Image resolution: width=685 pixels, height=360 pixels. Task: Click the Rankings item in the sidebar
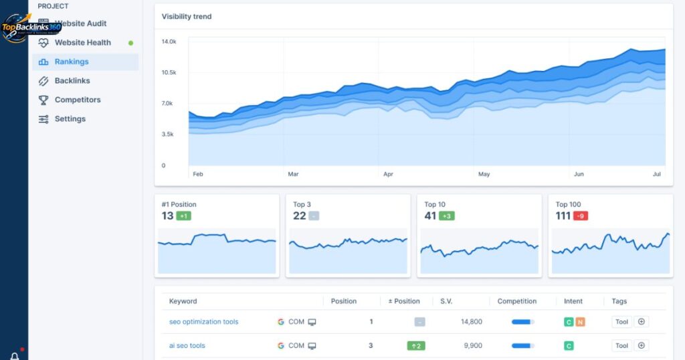point(71,62)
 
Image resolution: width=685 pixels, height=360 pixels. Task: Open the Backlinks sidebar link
point(72,81)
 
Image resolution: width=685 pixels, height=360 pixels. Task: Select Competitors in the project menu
point(77,100)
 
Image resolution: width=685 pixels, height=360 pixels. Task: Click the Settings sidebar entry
point(70,119)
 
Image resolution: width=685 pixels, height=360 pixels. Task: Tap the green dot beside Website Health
point(130,43)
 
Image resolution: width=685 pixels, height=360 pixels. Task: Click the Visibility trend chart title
point(187,17)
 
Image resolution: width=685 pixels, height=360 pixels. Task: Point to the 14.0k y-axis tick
point(169,41)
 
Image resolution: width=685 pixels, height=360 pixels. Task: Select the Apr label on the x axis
point(388,174)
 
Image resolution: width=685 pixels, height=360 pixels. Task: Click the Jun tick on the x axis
point(579,174)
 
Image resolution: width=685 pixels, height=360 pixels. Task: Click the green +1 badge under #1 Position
point(184,216)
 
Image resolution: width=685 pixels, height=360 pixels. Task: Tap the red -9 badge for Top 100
point(580,216)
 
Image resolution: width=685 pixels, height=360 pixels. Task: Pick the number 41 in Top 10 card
point(430,216)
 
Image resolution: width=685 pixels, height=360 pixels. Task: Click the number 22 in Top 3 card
point(299,216)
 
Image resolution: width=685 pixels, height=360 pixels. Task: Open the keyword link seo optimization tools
point(203,322)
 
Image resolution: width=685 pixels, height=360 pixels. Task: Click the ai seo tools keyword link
point(187,346)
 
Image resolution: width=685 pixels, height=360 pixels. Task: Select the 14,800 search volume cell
point(471,322)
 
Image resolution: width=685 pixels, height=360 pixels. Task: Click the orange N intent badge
point(580,322)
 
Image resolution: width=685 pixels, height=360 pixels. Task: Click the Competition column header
point(516,301)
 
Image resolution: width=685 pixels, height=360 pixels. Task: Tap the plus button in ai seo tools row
point(641,346)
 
